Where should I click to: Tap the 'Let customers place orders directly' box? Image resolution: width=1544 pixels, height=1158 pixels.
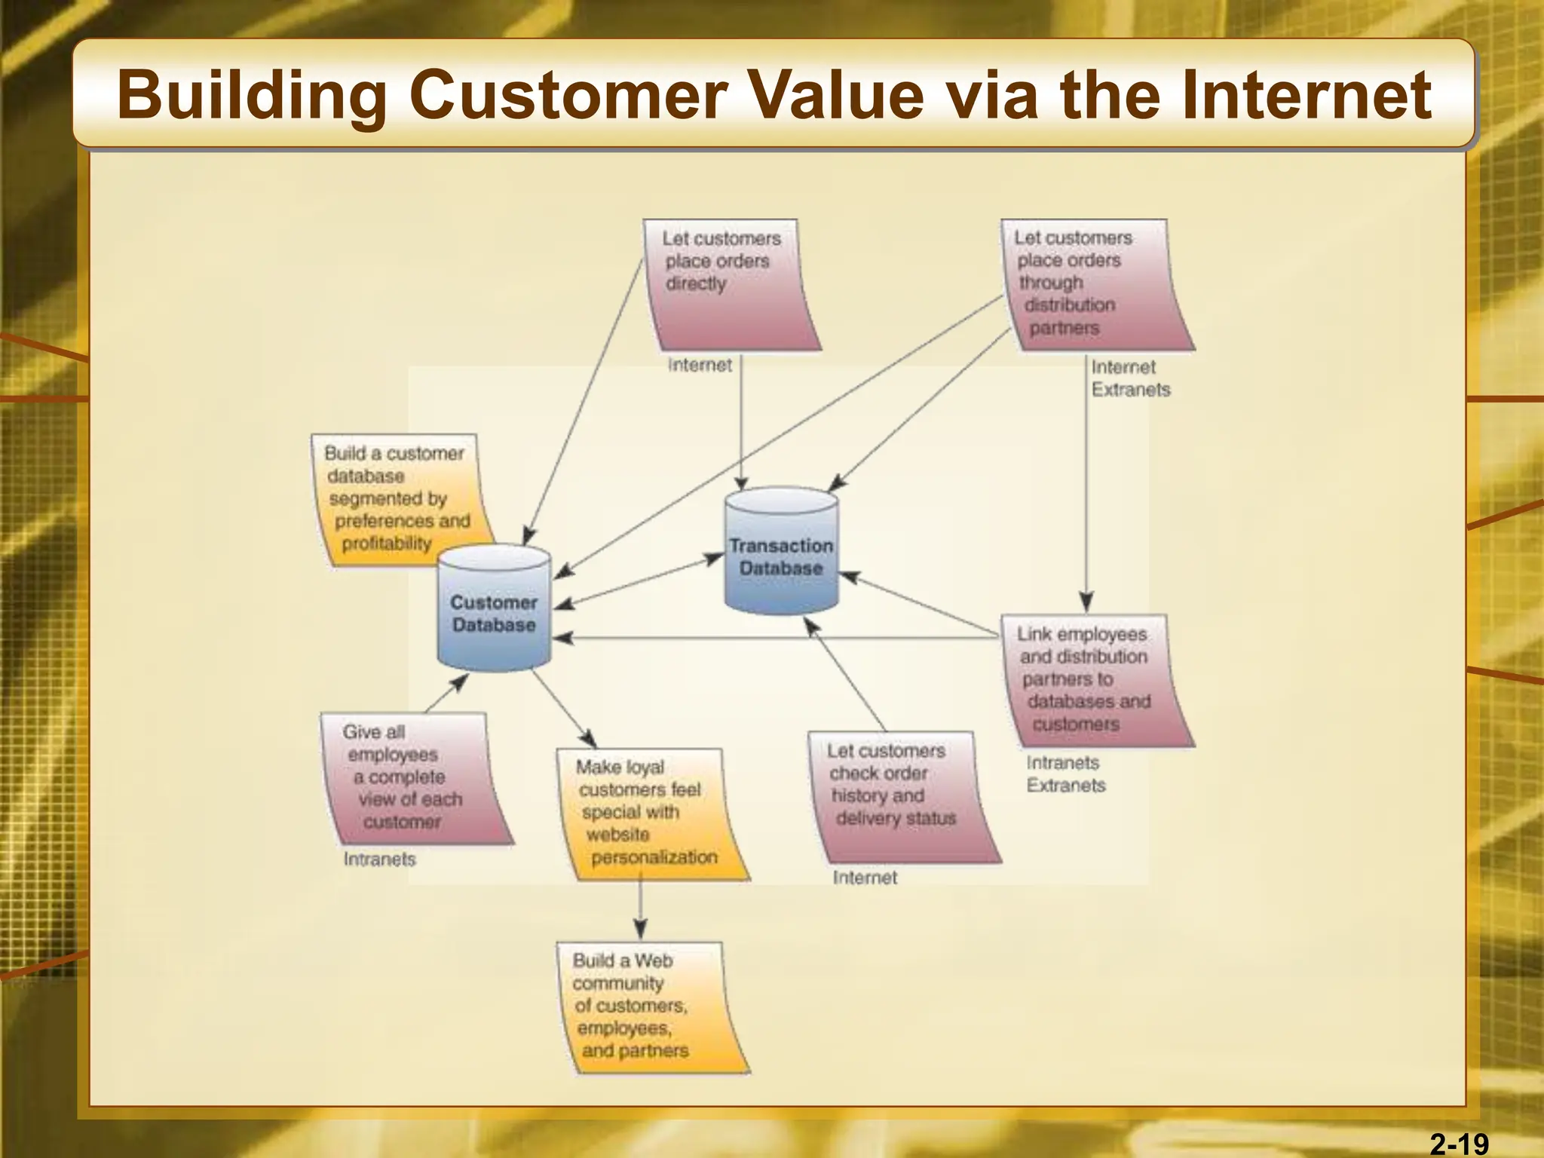point(728,283)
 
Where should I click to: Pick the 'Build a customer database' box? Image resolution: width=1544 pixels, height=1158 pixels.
point(400,498)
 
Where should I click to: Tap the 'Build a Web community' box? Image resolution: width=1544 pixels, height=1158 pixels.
point(645,1006)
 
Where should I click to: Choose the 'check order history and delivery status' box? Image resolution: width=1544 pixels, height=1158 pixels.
point(897,795)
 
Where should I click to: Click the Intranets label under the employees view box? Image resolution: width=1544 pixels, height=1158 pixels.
point(379,859)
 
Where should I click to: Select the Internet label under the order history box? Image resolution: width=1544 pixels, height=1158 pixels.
point(865,878)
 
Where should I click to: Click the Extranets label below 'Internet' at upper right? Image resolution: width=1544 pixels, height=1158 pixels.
point(1130,390)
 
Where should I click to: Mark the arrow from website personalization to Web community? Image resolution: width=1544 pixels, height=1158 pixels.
point(640,908)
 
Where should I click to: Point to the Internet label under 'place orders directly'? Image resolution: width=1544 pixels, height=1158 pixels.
point(699,366)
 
